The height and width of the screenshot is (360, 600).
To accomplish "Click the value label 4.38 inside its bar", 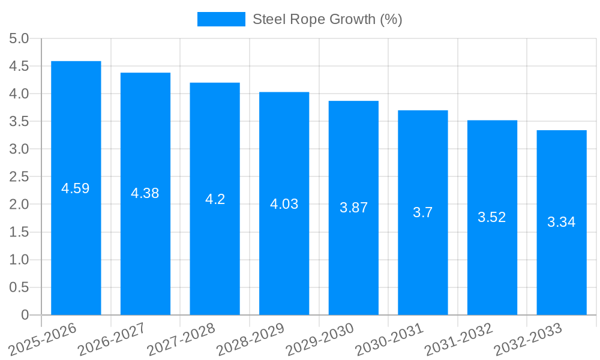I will click(145, 193).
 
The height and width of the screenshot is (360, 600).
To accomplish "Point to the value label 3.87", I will click(353, 208).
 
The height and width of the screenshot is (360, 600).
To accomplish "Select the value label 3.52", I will click(492, 217).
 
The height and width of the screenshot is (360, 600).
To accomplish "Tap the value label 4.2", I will click(215, 199).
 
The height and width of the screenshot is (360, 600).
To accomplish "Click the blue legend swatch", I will click(221, 19).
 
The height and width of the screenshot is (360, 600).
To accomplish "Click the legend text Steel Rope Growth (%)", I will click(327, 19).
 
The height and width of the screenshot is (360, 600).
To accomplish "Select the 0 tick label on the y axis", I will click(25, 315).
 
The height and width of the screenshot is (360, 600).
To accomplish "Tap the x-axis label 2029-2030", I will click(319, 339).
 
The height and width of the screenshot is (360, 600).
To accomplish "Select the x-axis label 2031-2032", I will click(458, 339).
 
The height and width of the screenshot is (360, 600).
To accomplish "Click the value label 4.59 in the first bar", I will click(76, 188).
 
